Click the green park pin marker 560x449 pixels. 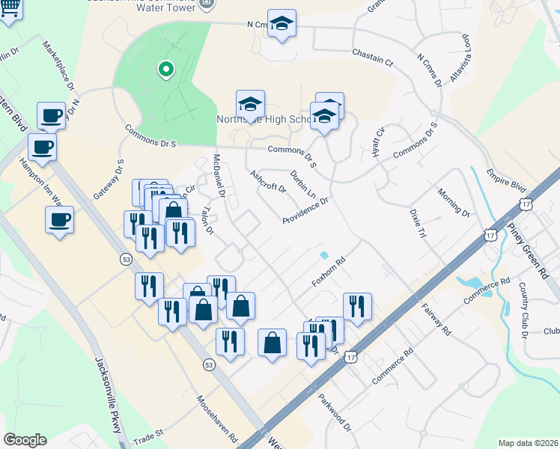pyautogui.click(x=165, y=70)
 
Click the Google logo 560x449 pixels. pyautogui.click(x=25, y=439)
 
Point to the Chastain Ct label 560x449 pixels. pyautogui.click(x=372, y=58)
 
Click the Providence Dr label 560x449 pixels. pyautogui.click(x=305, y=211)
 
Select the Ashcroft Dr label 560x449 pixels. pyautogui.click(x=268, y=180)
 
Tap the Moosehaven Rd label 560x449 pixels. pyautogui.click(x=218, y=419)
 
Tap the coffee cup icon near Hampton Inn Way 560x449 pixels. pyautogui.click(x=59, y=221)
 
